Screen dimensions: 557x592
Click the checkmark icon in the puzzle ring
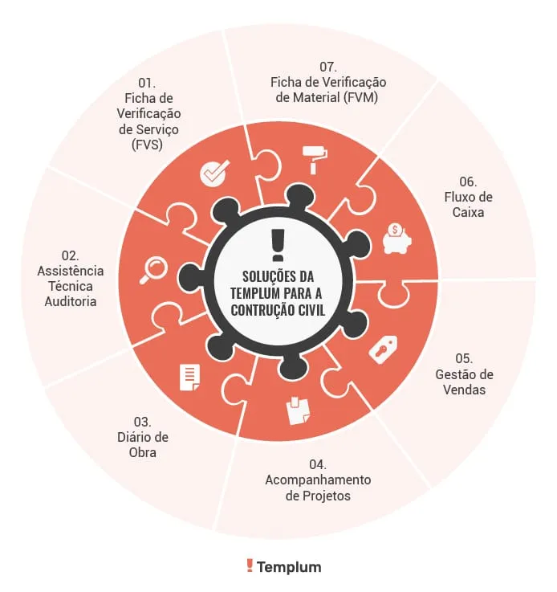point(214,173)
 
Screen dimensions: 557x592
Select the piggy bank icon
point(396,239)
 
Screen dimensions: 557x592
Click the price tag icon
point(383,349)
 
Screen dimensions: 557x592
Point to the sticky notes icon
point(298,410)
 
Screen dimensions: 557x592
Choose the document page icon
point(190,378)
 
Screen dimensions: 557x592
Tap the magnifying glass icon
point(153,270)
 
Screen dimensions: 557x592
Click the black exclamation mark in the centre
point(278,245)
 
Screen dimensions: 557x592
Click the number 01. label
point(147,83)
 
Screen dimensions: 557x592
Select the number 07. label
point(328,67)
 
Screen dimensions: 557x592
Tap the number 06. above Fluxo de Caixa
point(468,182)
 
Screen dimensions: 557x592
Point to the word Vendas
point(464,390)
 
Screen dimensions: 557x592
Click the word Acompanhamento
point(318,480)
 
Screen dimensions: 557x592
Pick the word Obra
point(143,452)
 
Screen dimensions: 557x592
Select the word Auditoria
point(71,301)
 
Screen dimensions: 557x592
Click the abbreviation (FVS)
point(147,145)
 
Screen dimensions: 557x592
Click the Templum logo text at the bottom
point(289,567)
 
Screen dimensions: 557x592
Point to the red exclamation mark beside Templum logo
point(250,565)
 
